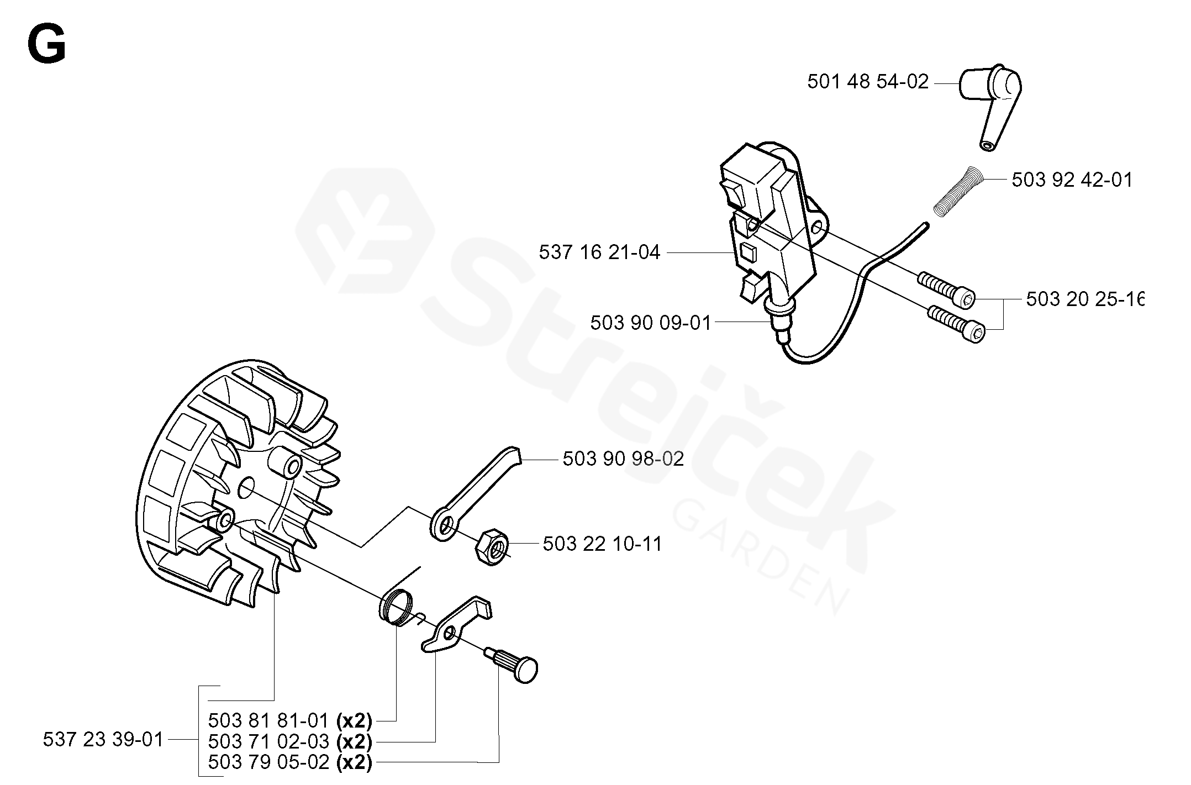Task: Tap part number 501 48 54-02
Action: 867,82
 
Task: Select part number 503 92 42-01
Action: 1072,180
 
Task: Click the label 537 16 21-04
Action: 599,252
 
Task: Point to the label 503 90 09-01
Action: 650,323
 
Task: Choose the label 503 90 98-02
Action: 623,459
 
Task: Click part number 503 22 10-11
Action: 602,544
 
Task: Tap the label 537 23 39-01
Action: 103,739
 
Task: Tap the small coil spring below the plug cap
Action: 958,191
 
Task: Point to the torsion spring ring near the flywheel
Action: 396,608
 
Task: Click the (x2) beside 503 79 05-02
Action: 354,762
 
